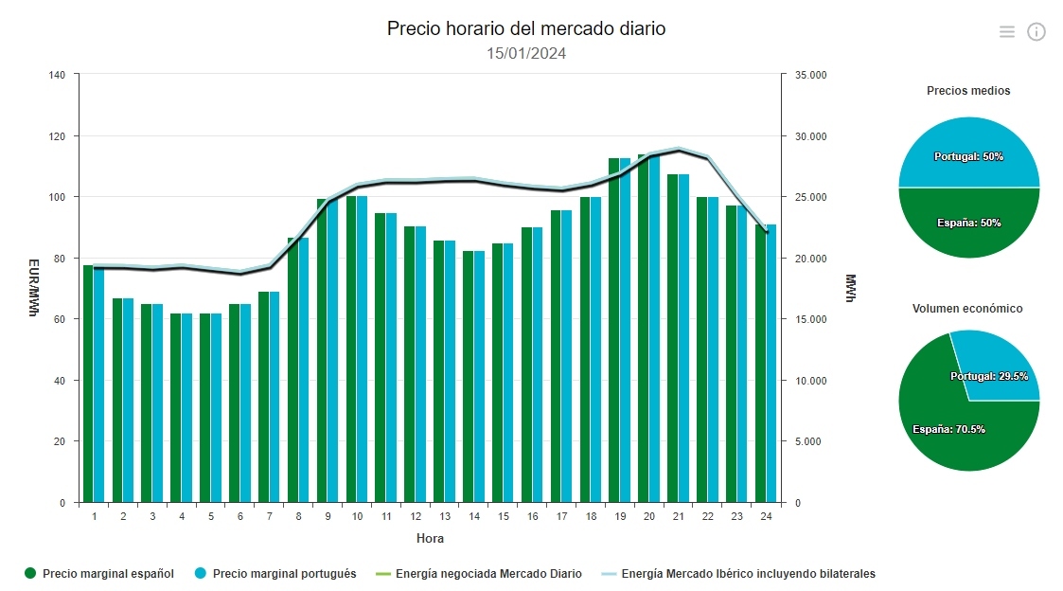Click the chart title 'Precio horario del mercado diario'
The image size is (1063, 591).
click(525, 28)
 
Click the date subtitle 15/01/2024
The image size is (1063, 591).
click(525, 53)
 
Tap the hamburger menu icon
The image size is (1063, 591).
click(1006, 32)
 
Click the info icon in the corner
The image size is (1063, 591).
click(1036, 32)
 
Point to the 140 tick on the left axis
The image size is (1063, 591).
click(57, 75)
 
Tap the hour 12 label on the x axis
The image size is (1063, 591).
click(416, 516)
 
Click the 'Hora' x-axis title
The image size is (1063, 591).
click(430, 539)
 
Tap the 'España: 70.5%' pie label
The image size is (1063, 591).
click(948, 429)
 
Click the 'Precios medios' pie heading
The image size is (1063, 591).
click(968, 91)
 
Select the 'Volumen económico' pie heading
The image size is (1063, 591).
click(967, 309)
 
